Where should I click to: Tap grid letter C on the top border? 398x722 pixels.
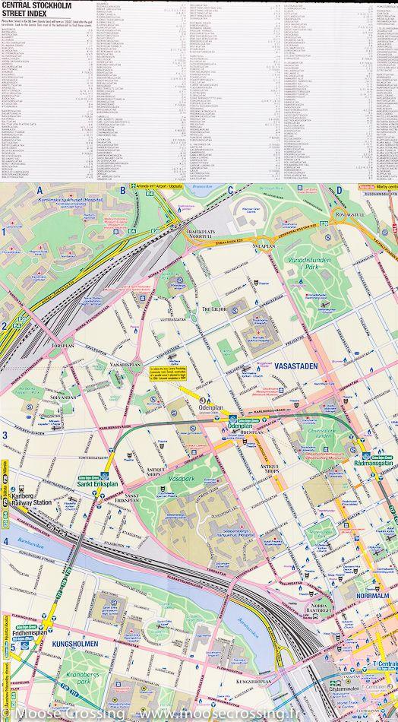pyautogui.click(x=230, y=190)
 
